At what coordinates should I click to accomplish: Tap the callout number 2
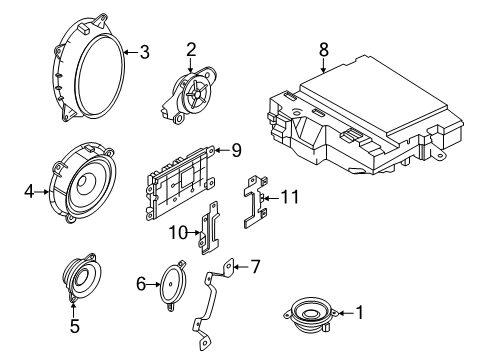tap(190, 49)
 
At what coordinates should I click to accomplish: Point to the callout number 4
tap(29, 186)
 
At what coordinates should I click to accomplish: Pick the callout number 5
tap(74, 325)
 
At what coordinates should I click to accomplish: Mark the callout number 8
tap(323, 47)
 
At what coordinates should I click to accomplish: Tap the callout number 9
tap(236, 152)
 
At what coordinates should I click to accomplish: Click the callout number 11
tap(290, 198)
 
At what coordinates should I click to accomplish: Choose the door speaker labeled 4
tap(85, 185)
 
